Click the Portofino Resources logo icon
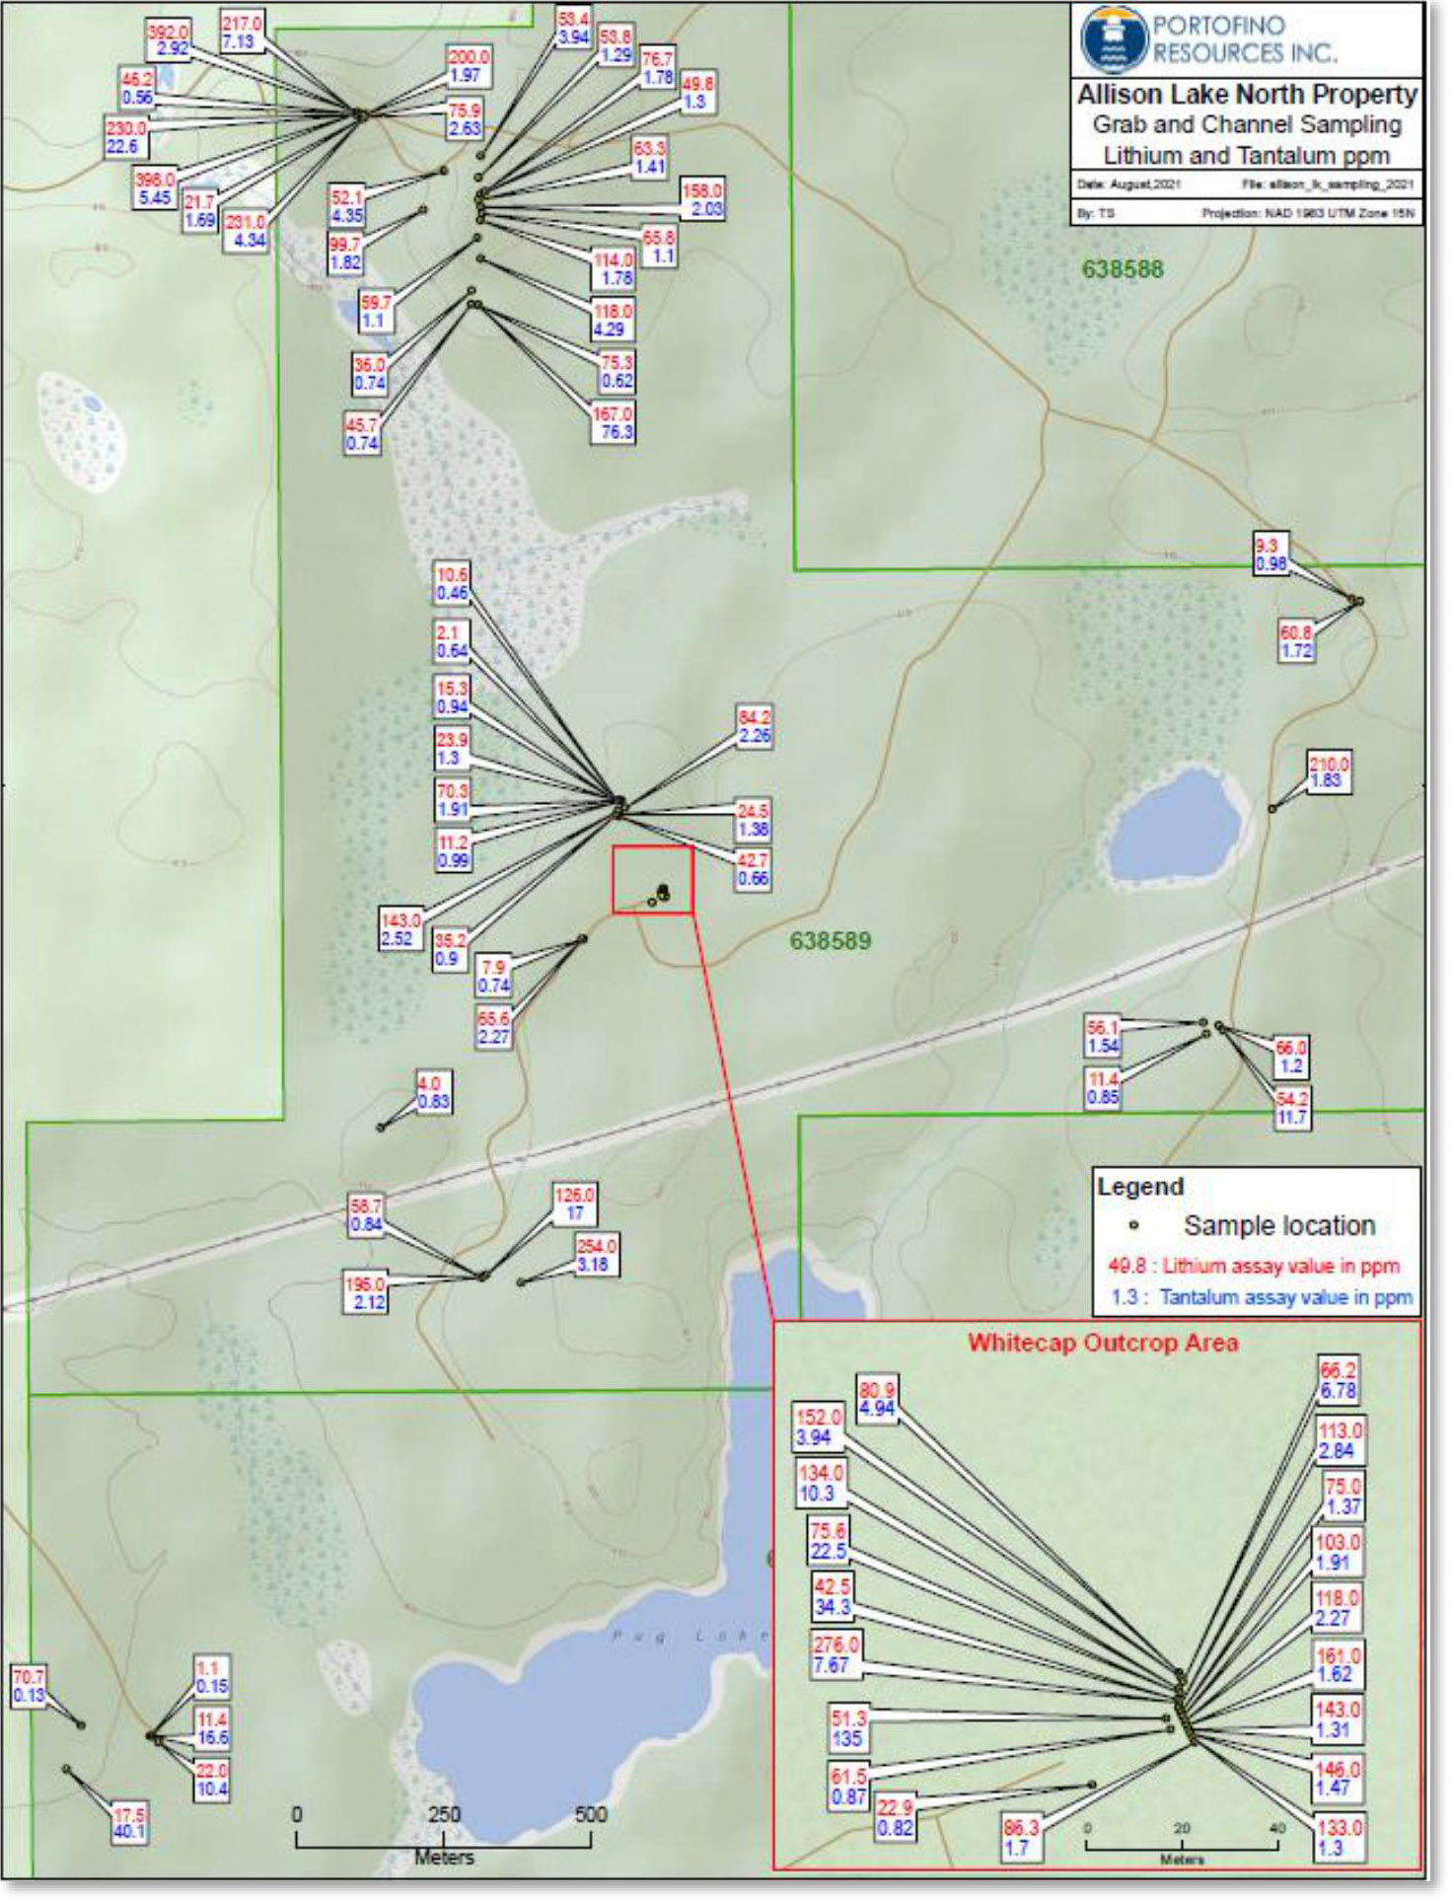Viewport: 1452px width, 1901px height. pyautogui.click(x=1113, y=38)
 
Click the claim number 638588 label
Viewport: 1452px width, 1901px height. pyautogui.click(x=1123, y=268)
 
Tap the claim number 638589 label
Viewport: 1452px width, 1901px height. pyautogui.click(x=830, y=940)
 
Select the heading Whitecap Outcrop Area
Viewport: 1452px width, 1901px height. pyautogui.click(x=1102, y=1343)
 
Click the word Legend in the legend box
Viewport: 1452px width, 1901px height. pyautogui.click(x=1140, y=1187)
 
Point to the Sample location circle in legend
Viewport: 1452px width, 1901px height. pyautogui.click(x=1133, y=1226)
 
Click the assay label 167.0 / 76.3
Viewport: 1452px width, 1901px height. pyautogui.click(x=613, y=423)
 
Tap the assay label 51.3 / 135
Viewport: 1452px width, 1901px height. pyautogui.click(x=847, y=1728)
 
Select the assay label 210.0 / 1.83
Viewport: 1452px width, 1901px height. pyautogui.click(x=1328, y=772)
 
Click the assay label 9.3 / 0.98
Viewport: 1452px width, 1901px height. pyautogui.click(x=1270, y=554)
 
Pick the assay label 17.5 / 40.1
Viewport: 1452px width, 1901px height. pyautogui.click(x=129, y=1823)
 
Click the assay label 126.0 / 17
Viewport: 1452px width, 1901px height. pyautogui.click(x=574, y=1204)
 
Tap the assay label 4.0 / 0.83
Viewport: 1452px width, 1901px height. pyautogui.click(x=432, y=1093)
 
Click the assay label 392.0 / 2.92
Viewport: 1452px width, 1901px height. pyautogui.click(x=168, y=40)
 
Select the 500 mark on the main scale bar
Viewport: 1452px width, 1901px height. pyautogui.click(x=591, y=1814)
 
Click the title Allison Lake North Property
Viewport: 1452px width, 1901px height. pyautogui.click(x=1247, y=95)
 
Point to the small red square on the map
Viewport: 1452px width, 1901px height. pyautogui.click(x=653, y=880)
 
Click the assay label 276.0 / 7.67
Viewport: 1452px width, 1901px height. pyautogui.click(x=835, y=1654)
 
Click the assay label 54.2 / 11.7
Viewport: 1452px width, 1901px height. pyautogui.click(x=1291, y=1108)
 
